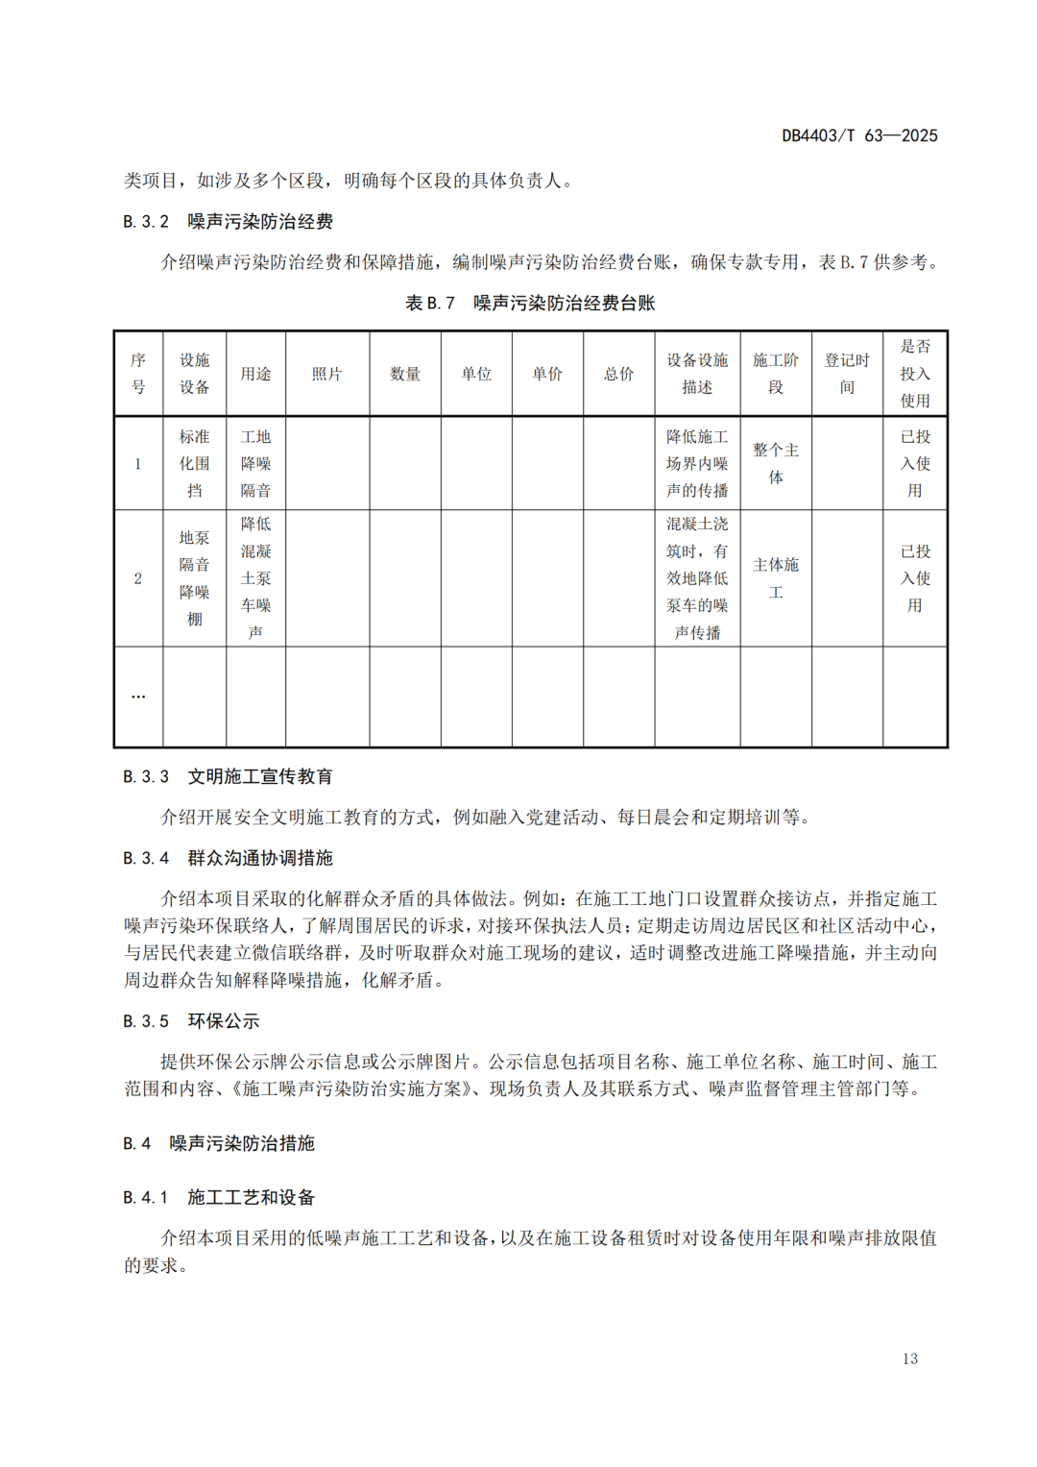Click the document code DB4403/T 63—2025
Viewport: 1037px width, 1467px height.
tap(858, 135)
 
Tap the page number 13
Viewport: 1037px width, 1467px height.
tap(909, 1358)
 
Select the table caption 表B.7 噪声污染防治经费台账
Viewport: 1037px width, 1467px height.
tap(530, 304)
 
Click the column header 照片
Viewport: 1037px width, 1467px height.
tap(326, 374)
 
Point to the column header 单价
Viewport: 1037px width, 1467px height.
tap(547, 374)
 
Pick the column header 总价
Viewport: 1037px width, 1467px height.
tap(618, 374)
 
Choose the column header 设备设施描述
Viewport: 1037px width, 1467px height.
tap(697, 374)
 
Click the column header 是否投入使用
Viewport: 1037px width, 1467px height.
tap(914, 374)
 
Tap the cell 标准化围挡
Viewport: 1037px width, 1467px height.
tap(194, 463)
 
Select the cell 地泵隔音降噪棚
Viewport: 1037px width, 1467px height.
tap(194, 578)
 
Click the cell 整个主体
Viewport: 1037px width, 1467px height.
tap(775, 463)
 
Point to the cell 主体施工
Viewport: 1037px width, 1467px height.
tap(775, 578)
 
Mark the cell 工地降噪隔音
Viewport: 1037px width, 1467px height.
tap(255, 463)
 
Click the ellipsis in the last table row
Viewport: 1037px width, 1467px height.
tap(138, 697)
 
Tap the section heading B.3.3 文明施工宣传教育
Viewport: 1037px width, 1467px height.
tap(228, 776)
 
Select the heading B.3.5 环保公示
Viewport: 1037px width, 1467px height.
tap(191, 1021)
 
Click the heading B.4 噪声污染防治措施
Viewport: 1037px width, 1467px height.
tap(218, 1143)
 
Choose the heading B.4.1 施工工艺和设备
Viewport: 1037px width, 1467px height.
tap(218, 1197)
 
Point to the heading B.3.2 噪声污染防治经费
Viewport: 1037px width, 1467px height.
tap(228, 222)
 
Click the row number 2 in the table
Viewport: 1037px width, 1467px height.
tap(138, 578)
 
